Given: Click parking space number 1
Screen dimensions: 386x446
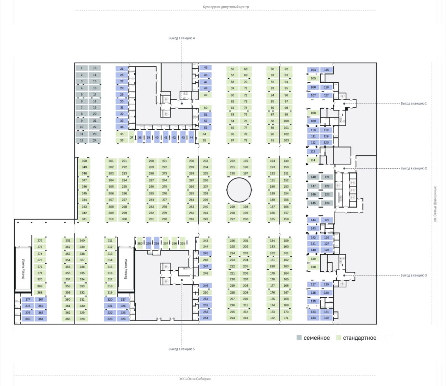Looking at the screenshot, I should pyautogui.click(x=82, y=68).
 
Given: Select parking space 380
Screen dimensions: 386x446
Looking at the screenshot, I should pyautogui.click(x=28, y=319).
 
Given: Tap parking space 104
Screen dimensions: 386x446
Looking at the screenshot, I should pyautogui.click(x=313, y=70).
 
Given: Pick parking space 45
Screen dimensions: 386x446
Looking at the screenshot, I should pyautogui.click(x=206, y=68).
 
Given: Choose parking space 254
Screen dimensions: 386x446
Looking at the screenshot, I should pyautogui.click(x=206, y=318).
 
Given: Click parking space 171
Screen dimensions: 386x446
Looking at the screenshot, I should pyautogui.click(x=286, y=318).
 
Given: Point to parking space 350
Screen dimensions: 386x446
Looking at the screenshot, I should pyautogui.click(x=84, y=161).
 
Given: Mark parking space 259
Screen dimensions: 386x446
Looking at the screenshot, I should pyautogui.click(x=148, y=243).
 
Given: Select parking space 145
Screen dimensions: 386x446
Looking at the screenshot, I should pyautogui.click(x=313, y=203).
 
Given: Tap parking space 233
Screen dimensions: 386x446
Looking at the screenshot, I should pyautogui.click(x=206, y=161).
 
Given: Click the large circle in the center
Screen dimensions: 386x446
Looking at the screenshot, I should pyautogui.click(x=239, y=190).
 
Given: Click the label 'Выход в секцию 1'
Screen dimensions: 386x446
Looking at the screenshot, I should pyautogui.click(x=413, y=103).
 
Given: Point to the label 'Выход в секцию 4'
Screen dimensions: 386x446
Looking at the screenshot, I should pyautogui.click(x=182, y=38).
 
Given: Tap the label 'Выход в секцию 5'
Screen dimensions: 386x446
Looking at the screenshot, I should pyautogui.click(x=182, y=349).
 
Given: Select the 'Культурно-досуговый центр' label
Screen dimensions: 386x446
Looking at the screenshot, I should pyautogui.click(x=226, y=7).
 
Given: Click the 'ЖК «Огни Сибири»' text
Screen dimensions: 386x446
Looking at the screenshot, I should pyautogui.click(x=195, y=379).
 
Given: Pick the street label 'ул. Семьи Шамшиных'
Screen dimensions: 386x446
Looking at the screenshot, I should pyautogui.click(x=435, y=204).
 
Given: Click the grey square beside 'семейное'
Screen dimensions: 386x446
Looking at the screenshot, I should pyautogui.click(x=299, y=338).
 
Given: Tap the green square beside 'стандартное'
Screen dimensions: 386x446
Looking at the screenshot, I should pyautogui.click(x=338, y=338).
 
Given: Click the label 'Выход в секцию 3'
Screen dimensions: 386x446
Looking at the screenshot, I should pyautogui.click(x=413, y=275).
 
